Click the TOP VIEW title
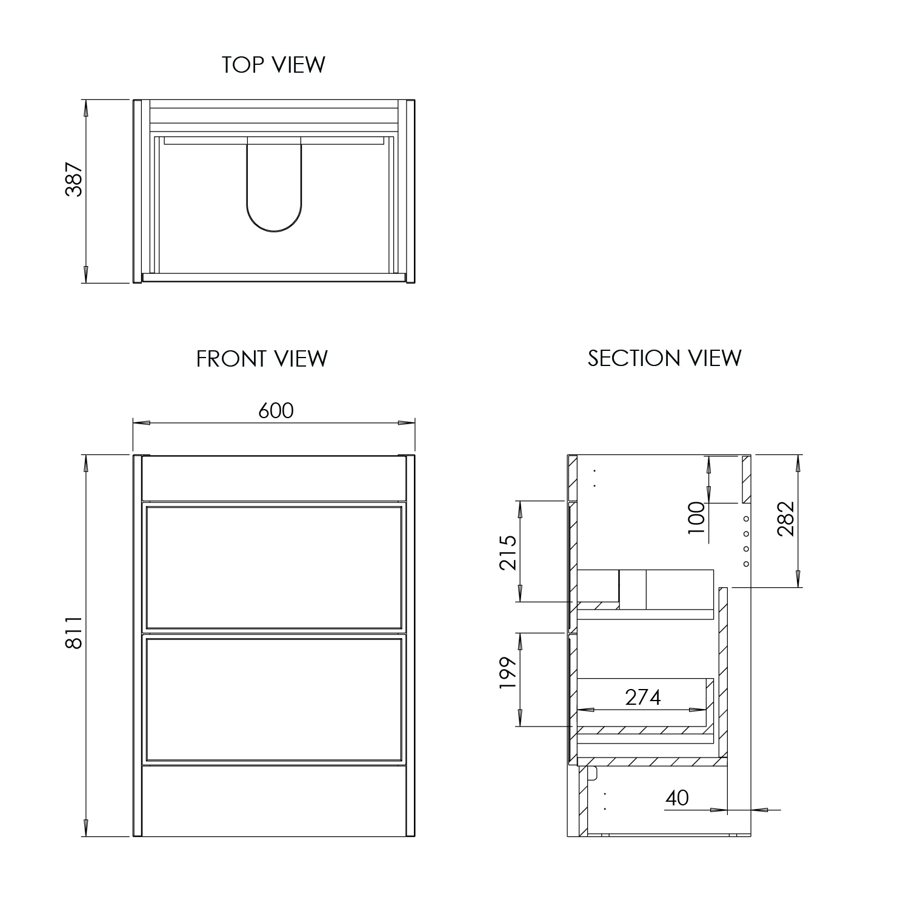[x=273, y=64]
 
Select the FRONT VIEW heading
[x=262, y=359]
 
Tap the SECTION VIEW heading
[x=664, y=358]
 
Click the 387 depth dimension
[x=74, y=179]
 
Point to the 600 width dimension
[x=276, y=411]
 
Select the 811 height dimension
[x=74, y=632]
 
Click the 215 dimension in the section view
[x=507, y=552]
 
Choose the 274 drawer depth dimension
[x=643, y=698]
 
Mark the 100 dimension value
[x=697, y=517]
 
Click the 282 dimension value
[x=785, y=518]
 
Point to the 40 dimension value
[x=677, y=798]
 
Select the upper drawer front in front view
[x=274, y=567]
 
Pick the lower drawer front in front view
[x=274, y=698]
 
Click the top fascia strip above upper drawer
[x=274, y=479]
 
